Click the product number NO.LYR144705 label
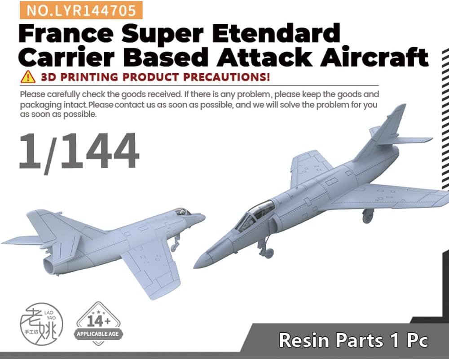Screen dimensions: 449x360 pyautogui.click(x=81, y=10)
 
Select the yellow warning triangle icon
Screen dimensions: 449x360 pyautogui.click(x=28, y=77)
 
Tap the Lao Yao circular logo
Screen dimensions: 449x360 pyautogui.click(x=41, y=324)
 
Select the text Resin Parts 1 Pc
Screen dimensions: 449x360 pyautogui.click(x=353, y=340)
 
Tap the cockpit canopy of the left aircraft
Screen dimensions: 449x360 pyautogui.click(x=183, y=212)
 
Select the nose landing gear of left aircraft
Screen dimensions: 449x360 pyautogui.click(x=175, y=243)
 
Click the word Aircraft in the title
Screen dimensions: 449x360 pyautogui.click(x=374, y=58)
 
